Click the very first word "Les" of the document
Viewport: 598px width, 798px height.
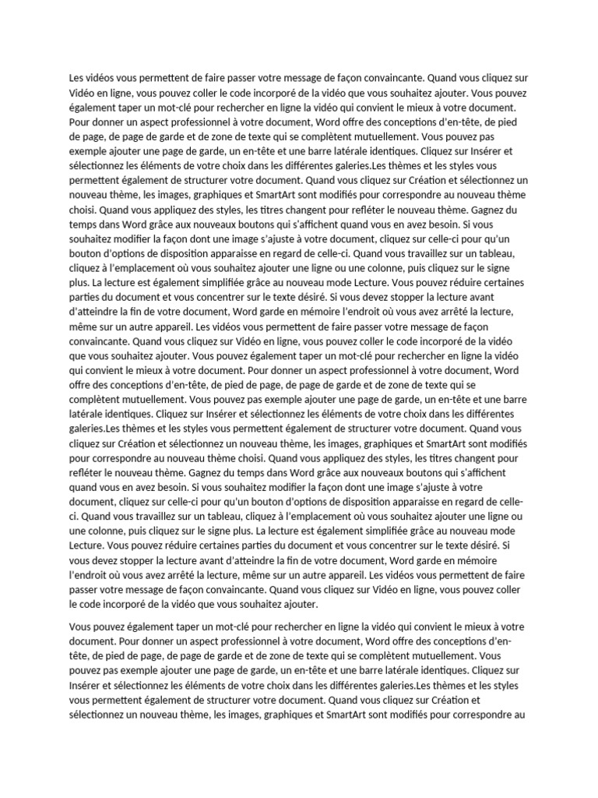(x=77, y=77)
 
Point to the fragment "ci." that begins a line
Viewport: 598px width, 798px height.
(x=76, y=516)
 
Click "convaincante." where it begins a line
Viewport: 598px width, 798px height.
(x=100, y=341)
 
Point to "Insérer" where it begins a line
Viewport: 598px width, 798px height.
(x=87, y=685)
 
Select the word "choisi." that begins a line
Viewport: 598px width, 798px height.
(x=83, y=210)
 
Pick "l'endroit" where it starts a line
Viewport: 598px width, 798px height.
(x=89, y=575)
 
